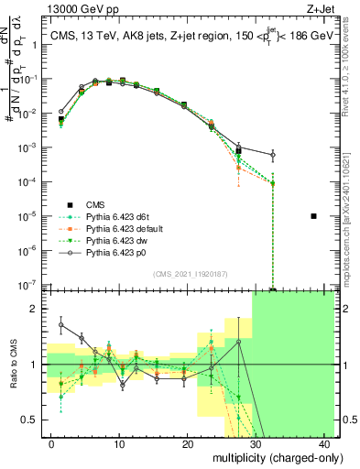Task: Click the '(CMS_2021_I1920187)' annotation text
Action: pyautogui.click(x=190, y=273)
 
